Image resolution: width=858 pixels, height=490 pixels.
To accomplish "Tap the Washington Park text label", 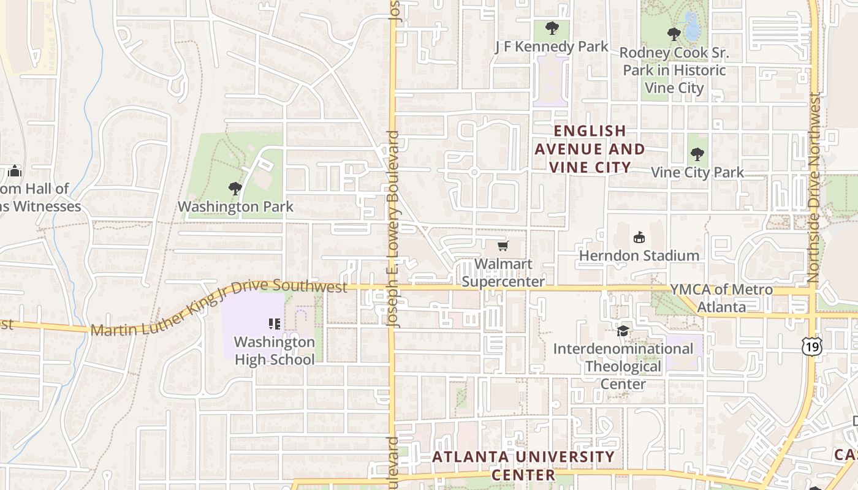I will (236, 207).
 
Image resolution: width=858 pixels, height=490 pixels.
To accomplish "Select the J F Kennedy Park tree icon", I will (552, 28).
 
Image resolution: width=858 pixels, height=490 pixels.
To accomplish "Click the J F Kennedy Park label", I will (552, 47).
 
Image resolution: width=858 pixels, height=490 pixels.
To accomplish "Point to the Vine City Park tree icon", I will (696, 154).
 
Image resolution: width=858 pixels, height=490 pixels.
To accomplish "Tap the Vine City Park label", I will (697, 173).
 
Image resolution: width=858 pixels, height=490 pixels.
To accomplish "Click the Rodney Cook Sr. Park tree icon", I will (674, 34).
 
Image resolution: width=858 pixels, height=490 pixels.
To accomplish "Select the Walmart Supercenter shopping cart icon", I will (503, 246).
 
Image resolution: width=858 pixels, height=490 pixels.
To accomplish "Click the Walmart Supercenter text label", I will (503, 273).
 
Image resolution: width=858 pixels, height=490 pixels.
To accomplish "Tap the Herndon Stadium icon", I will (639, 237).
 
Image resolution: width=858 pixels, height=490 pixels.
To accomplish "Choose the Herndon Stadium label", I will (639, 255).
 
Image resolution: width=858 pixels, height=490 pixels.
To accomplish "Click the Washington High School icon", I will (275, 323).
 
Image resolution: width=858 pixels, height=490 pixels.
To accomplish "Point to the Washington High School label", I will (275, 350).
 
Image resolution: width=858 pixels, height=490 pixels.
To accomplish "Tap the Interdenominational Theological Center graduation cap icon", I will (623, 331).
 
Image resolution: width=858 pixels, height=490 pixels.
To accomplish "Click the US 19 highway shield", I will (811, 346).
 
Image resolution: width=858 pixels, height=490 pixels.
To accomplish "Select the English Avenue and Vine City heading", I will (590, 149).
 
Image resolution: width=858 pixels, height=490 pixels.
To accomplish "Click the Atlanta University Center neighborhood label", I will (523, 466).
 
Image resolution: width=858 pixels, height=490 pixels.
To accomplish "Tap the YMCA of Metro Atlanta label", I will (721, 298).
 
